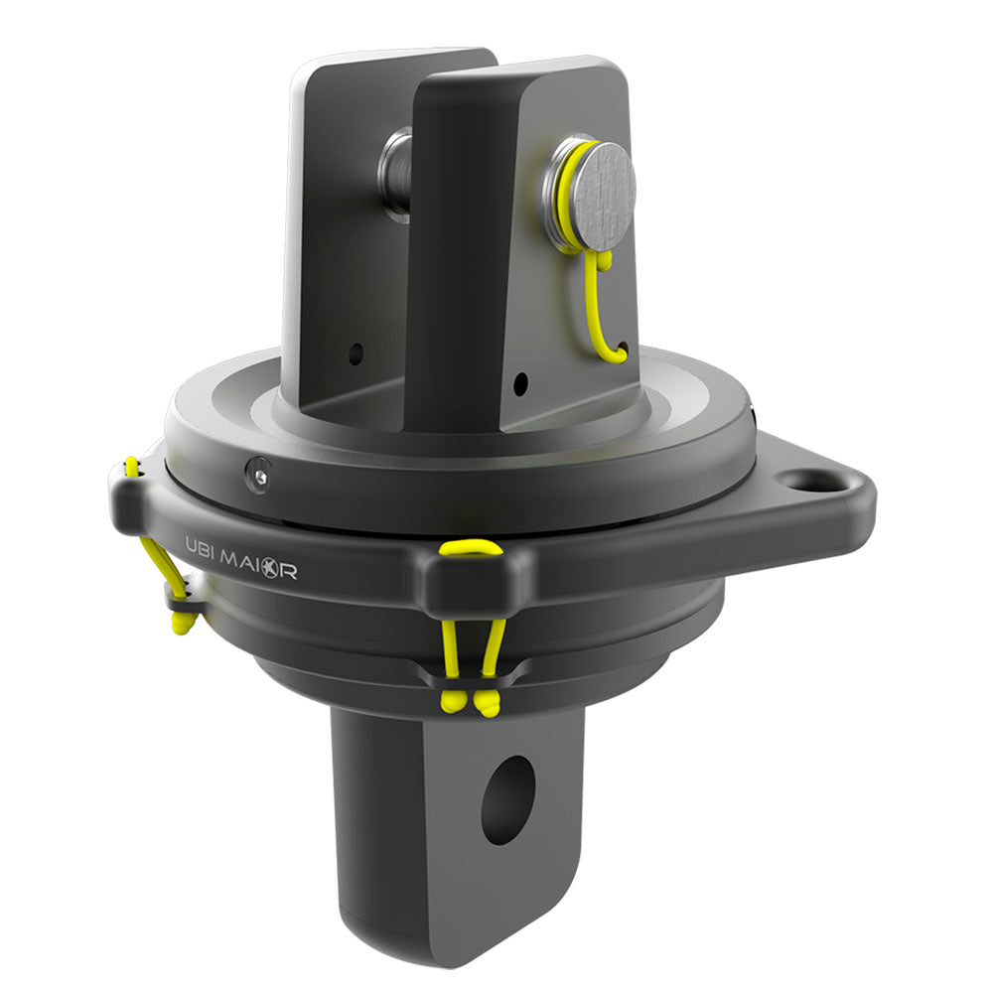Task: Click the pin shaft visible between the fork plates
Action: [x=396, y=173]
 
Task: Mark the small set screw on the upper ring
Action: [x=258, y=477]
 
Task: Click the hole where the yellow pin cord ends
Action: [x=622, y=350]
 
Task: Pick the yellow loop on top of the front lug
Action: [x=474, y=548]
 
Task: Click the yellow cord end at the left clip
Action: [x=182, y=622]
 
